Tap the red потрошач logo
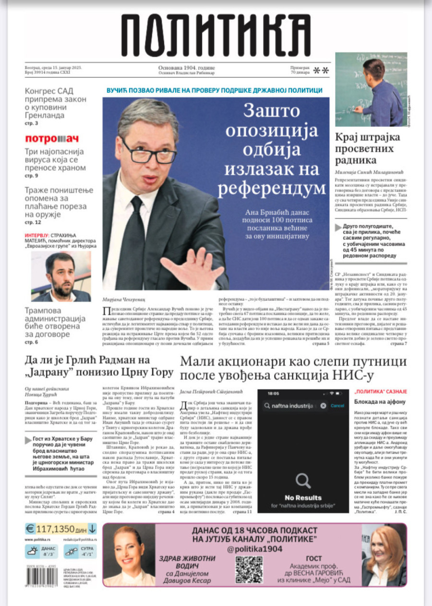[51, 139]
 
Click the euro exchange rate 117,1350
[61, 529]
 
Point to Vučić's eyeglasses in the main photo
[149, 152]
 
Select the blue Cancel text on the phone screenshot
[337, 405]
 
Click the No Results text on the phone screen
[303, 497]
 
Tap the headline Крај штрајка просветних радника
[367, 148]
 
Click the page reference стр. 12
[33, 222]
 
